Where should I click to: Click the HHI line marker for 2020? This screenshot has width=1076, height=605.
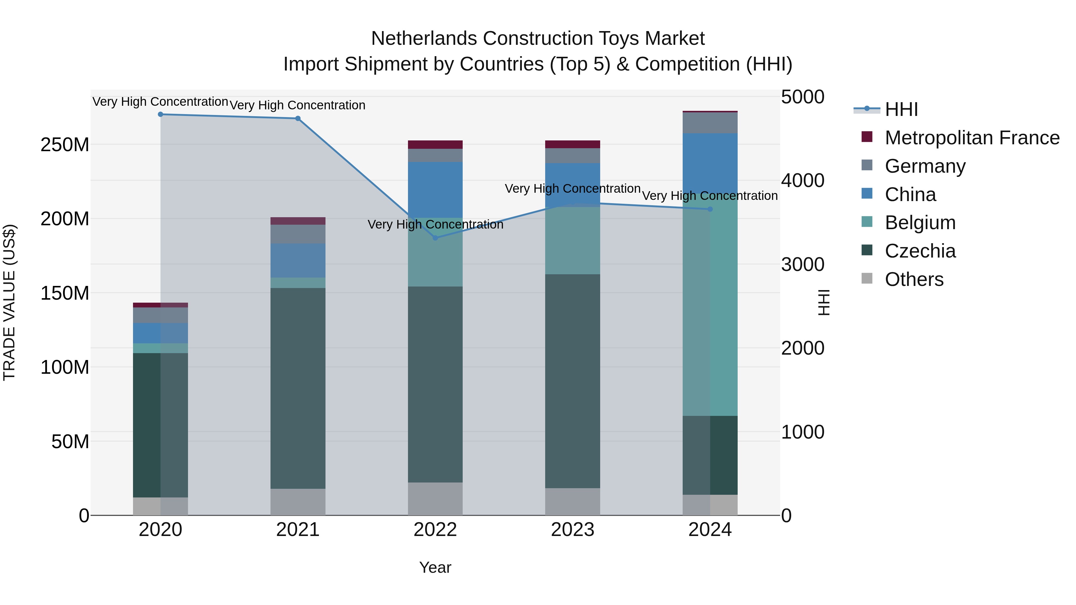point(161,114)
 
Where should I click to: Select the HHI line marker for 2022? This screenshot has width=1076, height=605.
point(435,238)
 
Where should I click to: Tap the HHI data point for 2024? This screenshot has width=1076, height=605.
point(710,209)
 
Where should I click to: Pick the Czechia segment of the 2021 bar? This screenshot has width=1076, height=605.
point(298,388)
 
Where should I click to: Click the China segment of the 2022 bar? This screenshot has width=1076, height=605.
point(435,190)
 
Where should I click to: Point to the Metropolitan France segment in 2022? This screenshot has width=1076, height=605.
point(435,145)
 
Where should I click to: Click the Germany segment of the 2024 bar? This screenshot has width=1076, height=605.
point(710,123)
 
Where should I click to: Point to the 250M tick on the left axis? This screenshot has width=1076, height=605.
point(65,145)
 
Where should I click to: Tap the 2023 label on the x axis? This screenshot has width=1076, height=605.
point(573,530)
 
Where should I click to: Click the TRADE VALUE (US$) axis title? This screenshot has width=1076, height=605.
point(9,302)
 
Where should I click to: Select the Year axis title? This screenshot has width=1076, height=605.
point(435,567)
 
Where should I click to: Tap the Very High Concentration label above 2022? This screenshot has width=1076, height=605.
point(435,225)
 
